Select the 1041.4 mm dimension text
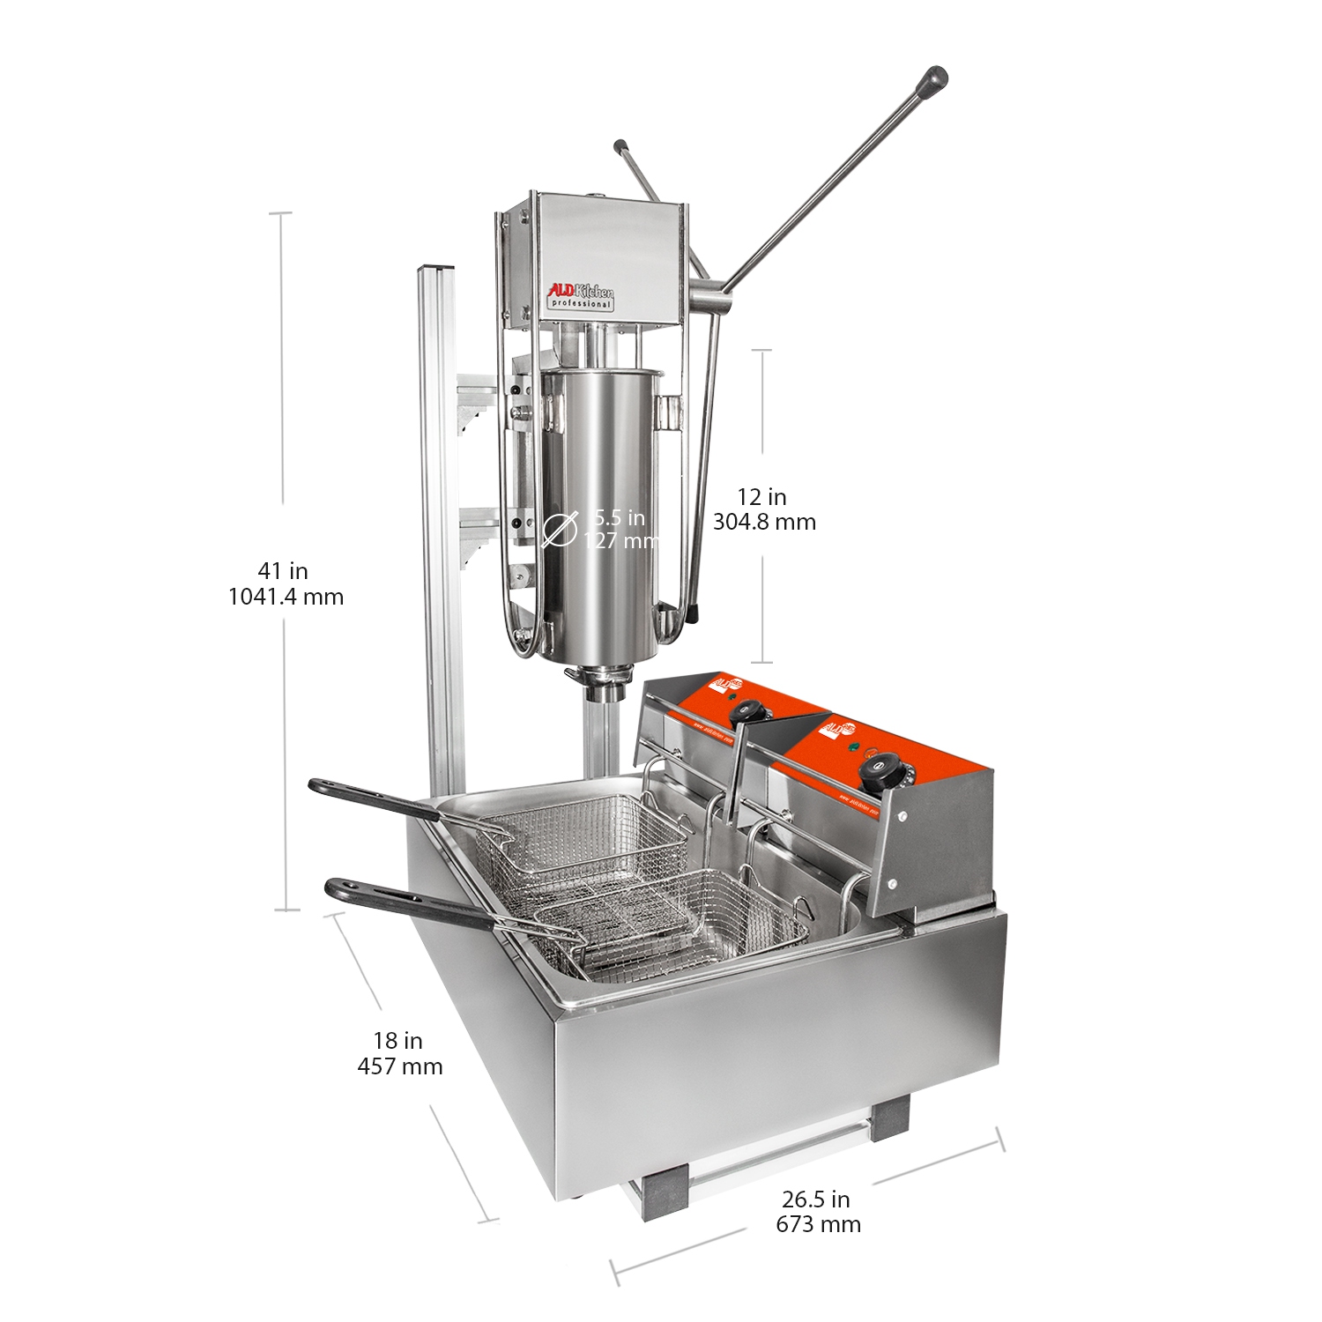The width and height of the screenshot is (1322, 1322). pyautogui.click(x=286, y=597)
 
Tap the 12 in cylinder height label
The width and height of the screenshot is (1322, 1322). pyautogui.click(x=762, y=497)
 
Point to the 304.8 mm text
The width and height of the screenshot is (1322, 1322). pyautogui.click(x=764, y=522)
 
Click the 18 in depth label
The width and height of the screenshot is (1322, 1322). pyautogui.click(x=398, y=1041)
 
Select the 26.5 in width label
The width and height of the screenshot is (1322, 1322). pyautogui.click(x=815, y=1199)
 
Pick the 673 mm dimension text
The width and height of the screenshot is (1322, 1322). pyautogui.click(x=818, y=1224)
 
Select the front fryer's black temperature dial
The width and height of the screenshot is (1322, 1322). pyautogui.click(x=874, y=775)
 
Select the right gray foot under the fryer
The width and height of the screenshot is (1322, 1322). pyautogui.click(x=890, y=1118)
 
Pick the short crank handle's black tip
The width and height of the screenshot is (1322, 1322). pyautogui.click(x=620, y=145)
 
